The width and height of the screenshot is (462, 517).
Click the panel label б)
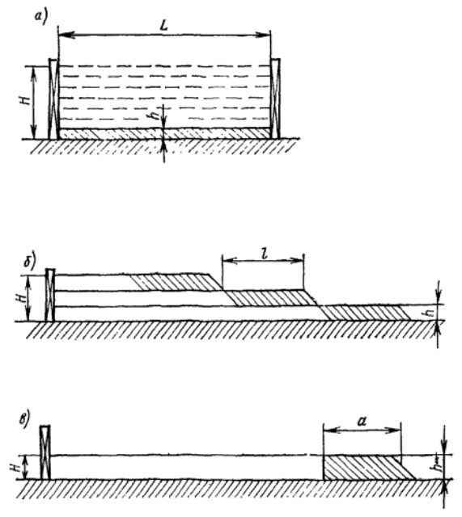coord(30,261)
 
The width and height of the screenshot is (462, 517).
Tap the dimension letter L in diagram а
coord(163,25)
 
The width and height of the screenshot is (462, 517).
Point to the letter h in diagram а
coord(157,113)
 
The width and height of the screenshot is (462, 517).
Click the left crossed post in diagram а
coord(53,99)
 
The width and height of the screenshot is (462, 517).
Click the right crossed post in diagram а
coord(275,99)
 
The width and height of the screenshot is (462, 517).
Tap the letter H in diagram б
coord(21,298)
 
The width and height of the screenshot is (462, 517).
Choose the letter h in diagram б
coord(430,312)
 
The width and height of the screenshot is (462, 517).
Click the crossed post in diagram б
coord(50,295)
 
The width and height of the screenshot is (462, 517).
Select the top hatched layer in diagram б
coord(176,282)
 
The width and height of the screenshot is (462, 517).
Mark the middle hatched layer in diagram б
coord(271,298)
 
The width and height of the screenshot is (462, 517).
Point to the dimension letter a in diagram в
coord(362,421)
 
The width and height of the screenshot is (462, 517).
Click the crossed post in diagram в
coord(45,452)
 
